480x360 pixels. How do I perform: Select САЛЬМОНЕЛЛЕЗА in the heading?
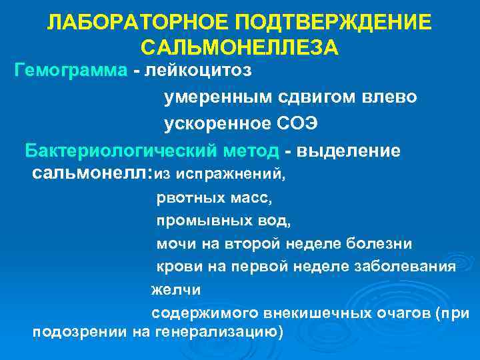coord(240,48)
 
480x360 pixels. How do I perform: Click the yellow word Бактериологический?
coord(152,151)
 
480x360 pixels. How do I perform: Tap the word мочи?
coord(173,243)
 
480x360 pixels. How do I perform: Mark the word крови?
coord(176,267)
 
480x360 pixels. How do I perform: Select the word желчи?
coord(175,289)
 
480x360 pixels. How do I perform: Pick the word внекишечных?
coord(303,312)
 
